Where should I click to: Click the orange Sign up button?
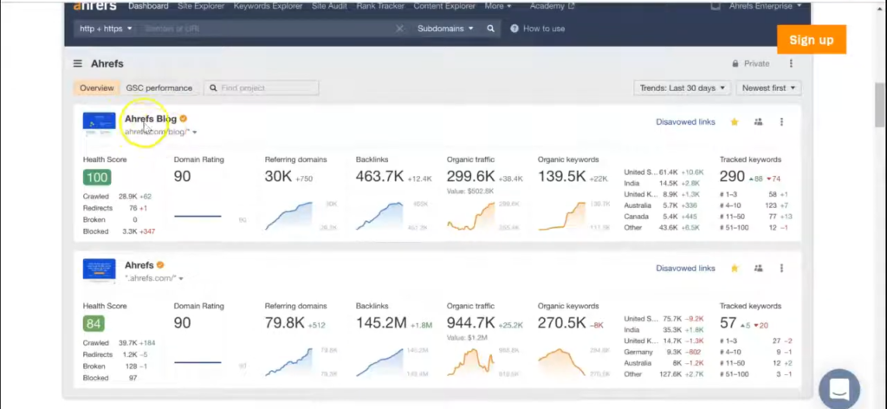click(811, 40)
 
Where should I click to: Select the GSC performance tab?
click(159, 88)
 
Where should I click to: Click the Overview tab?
click(96, 88)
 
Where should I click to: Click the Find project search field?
click(262, 88)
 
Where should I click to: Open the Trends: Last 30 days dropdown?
click(682, 88)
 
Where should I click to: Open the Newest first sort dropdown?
click(768, 88)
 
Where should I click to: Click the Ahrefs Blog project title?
click(151, 119)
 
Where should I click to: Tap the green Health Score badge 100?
click(96, 178)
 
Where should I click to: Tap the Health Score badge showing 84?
click(94, 324)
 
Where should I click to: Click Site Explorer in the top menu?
click(201, 6)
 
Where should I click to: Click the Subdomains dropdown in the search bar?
click(445, 29)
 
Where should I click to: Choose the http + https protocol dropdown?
click(106, 29)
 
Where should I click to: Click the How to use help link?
click(538, 29)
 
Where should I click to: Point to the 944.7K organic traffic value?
click(471, 323)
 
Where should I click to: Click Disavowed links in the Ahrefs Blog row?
click(685, 122)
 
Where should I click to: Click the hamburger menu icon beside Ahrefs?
click(78, 63)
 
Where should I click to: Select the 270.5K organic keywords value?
click(561, 323)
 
